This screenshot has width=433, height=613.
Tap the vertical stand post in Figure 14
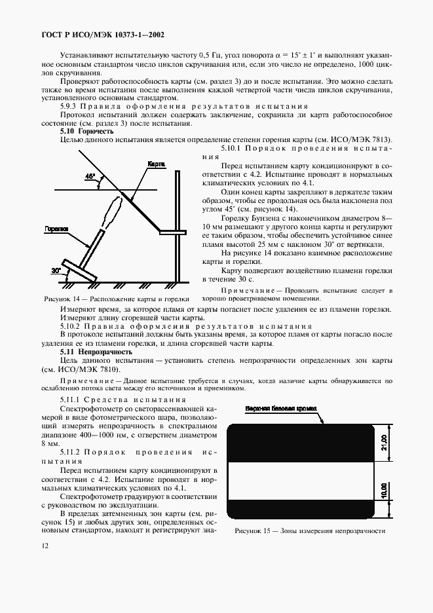[x=178, y=223]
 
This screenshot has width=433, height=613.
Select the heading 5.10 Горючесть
[x=86, y=131]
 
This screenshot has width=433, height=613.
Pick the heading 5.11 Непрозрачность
[x=96, y=352]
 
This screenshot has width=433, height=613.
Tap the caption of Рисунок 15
[x=310, y=531]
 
